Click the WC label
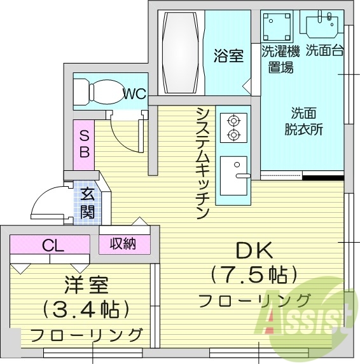pyautogui.click(x=134, y=95)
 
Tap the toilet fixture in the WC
pyautogui.click(x=98, y=93)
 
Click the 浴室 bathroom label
pyautogui.click(x=228, y=56)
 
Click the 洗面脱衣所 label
pyautogui.click(x=303, y=121)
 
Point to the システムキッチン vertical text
pyautogui.click(x=203, y=163)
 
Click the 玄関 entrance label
pyautogui.click(x=87, y=203)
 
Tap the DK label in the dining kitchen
pyautogui.click(x=254, y=250)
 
